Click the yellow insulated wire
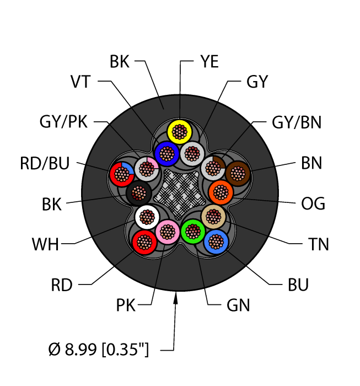[x=180, y=131]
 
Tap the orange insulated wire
[x=221, y=192]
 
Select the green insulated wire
[x=193, y=230]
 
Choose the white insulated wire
[x=147, y=216]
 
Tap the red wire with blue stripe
[x=121, y=174]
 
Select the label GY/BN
[x=297, y=122]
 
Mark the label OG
[x=313, y=203]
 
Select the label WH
[x=45, y=244]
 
